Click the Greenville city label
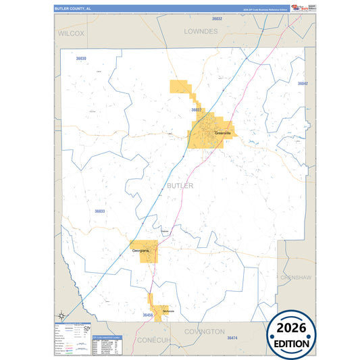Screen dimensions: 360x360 point(222,133)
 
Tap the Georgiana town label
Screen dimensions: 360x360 point(140,250)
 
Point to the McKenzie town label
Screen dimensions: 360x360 point(168,311)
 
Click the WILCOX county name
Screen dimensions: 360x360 point(71,32)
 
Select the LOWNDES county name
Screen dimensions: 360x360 point(201,31)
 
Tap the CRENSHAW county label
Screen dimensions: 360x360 point(294,278)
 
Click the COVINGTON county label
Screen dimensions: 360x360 point(204,332)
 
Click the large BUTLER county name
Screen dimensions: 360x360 point(180,185)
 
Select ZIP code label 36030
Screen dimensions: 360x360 point(81,59)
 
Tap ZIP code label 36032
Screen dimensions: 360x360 point(217,19)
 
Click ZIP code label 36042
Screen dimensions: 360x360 point(303,83)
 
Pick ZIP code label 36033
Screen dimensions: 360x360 point(99,211)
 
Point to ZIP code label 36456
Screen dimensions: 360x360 point(148,315)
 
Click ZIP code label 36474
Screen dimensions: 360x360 point(232,337)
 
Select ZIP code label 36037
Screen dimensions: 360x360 point(197,109)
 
